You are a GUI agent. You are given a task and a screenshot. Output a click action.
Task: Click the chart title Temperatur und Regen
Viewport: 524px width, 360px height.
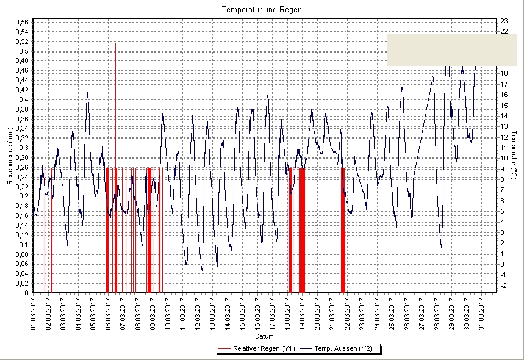(x=262, y=10)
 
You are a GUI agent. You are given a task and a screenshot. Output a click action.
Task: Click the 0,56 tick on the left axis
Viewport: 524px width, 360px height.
(x=21, y=23)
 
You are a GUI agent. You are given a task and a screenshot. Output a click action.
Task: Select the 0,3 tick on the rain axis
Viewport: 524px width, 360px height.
(x=23, y=148)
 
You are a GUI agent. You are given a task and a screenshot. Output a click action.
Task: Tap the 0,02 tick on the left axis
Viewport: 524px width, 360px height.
(x=21, y=283)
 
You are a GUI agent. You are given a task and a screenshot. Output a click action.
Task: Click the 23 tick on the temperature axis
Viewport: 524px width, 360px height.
(x=504, y=21)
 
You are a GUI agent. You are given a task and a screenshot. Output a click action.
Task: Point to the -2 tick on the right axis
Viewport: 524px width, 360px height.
(x=504, y=286)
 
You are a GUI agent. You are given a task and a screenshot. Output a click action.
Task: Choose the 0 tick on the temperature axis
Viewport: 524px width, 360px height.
(x=503, y=265)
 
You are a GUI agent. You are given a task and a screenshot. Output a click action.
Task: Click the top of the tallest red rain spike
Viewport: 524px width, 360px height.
(x=115, y=44)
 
